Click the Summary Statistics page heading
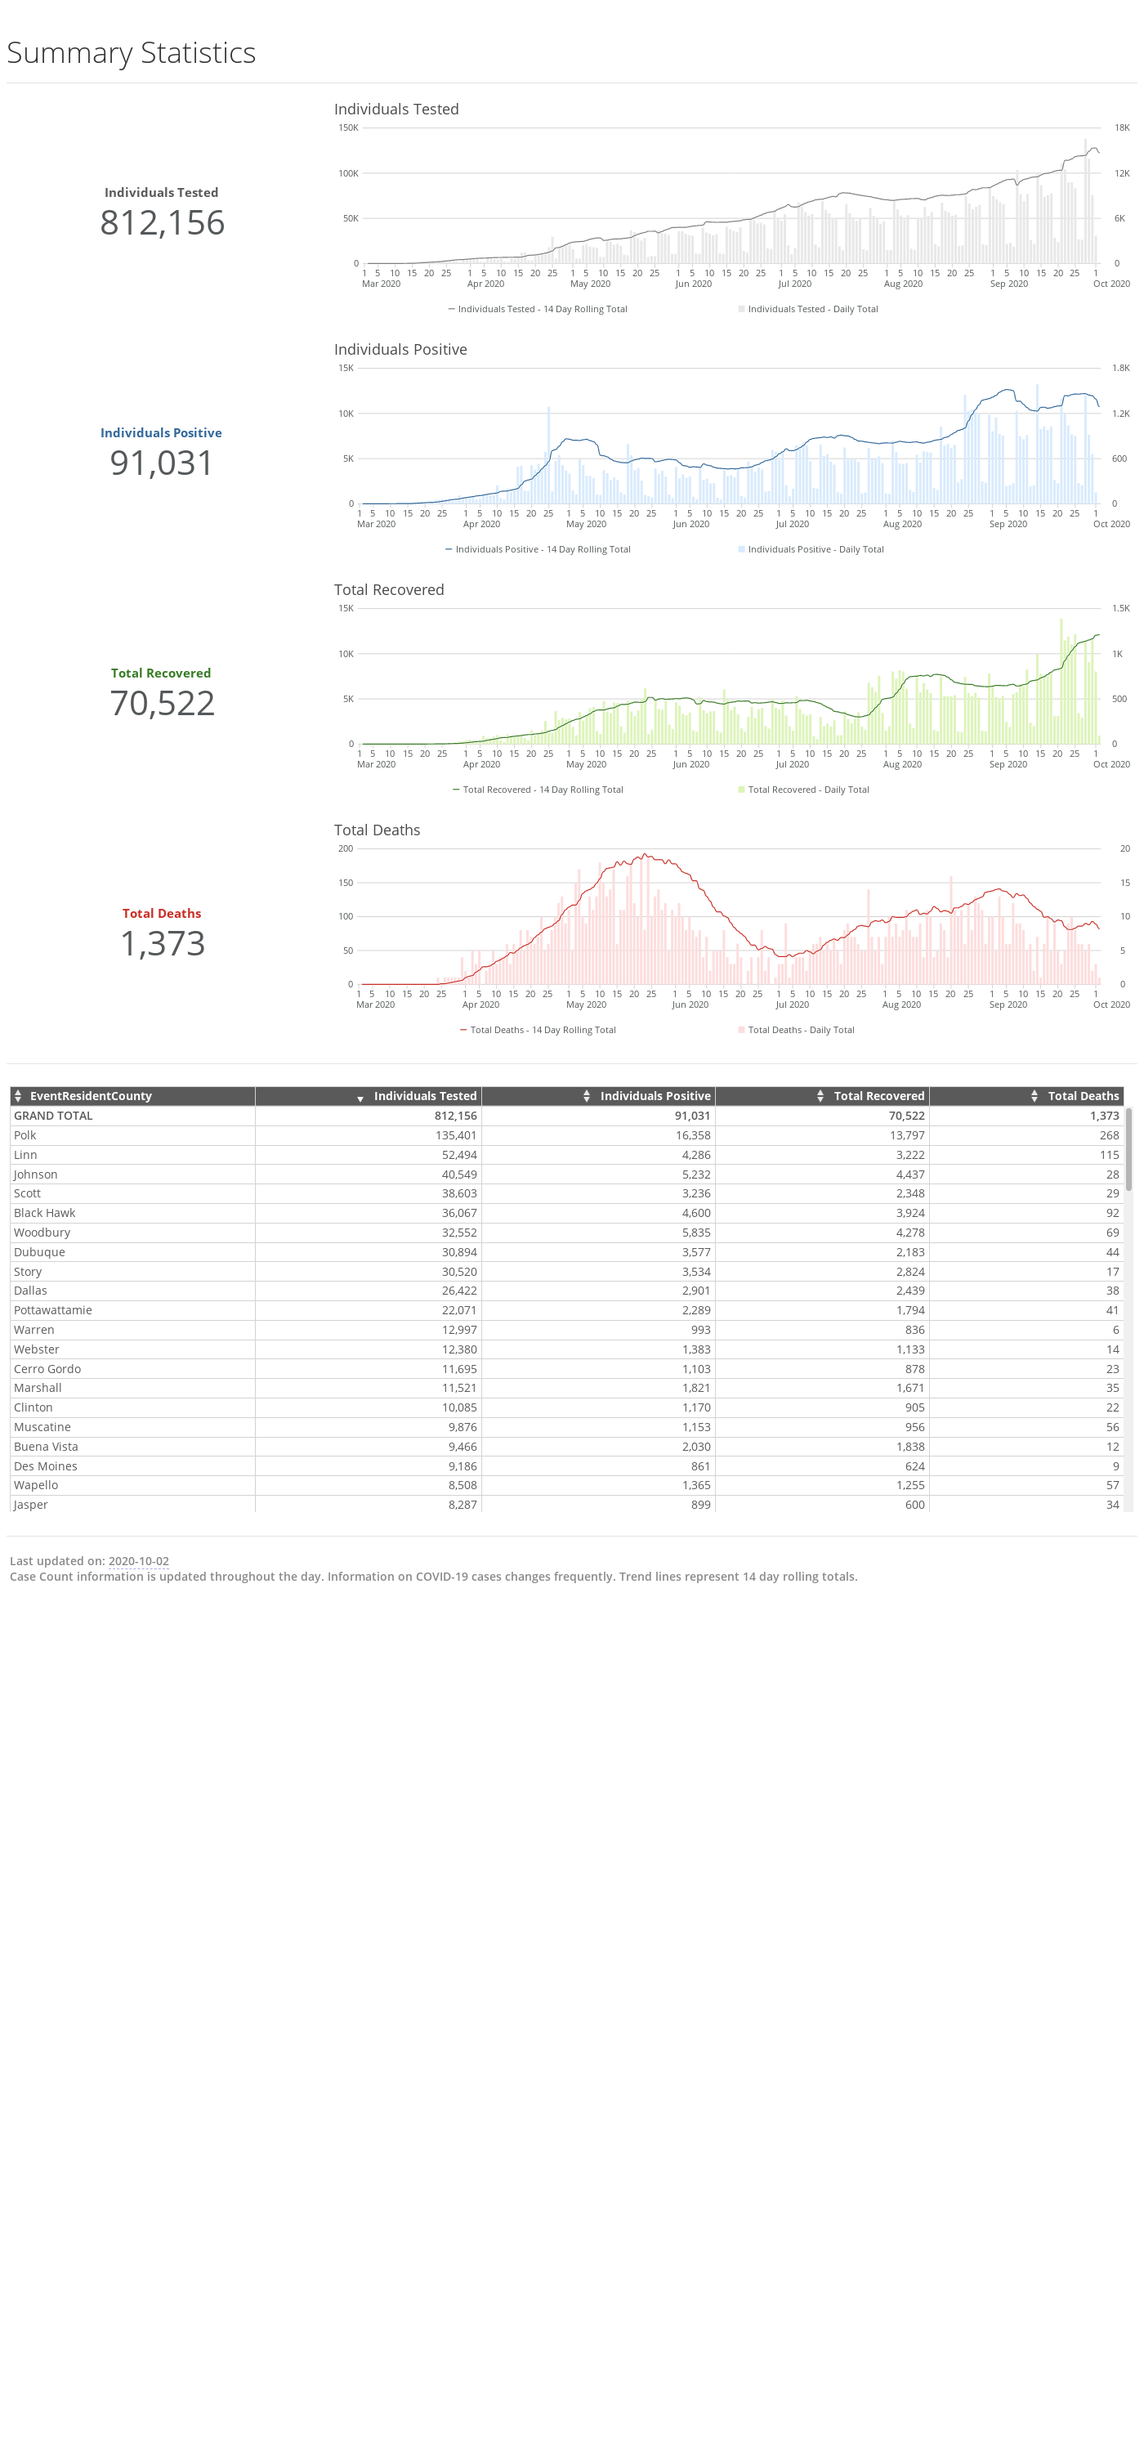pyautogui.click(x=132, y=52)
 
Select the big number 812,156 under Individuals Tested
pyautogui.click(x=162, y=223)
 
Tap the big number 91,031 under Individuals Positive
pyautogui.click(x=162, y=463)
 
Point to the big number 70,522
pyautogui.click(x=162, y=704)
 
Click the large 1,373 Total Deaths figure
pyautogui.click(x=162, y=943)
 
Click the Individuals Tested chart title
pyautogui.click(x=396, y=110)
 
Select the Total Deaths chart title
pyautogui.click(x=377, y=830)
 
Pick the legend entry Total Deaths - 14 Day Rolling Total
pyautogui.click(x=538, y=1030)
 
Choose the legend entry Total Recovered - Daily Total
pyautogui.click(x=803, y=790)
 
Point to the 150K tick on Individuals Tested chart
pyautogui.click(x=348, y=128)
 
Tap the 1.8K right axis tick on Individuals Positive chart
pyautogui.click(x=1121, y=369)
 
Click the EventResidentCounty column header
pyautogui.click(x=91, y=1097)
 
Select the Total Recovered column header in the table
pyautogui.click(x=878, y=1097)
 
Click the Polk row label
pyautogui.click(x=25, y=1135)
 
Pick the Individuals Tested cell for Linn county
pyautogui.click(x=458, y=1155)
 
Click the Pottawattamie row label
pyautogui.click(x=52, y=1311)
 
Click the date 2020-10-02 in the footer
pyautogui.click(x=138, y=1561)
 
